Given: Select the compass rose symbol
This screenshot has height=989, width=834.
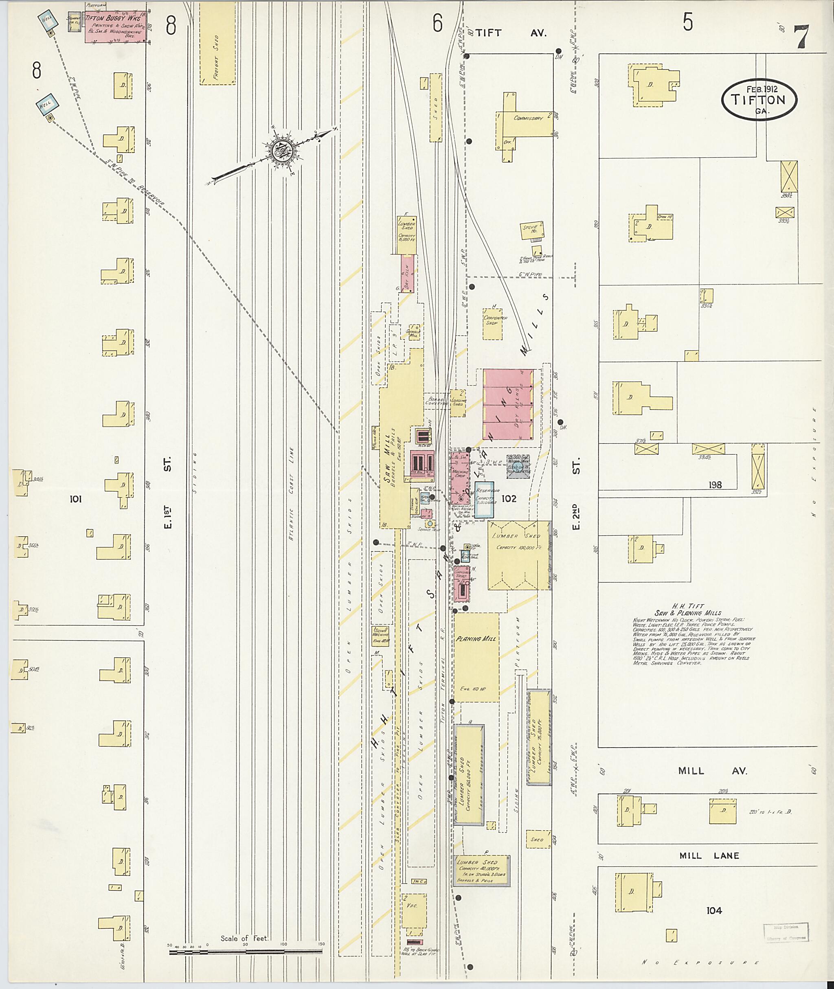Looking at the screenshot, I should pos(282,151).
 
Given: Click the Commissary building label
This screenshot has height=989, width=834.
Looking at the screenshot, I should pos(528,118).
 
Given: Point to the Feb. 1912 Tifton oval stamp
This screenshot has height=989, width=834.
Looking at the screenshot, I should pos(759,99).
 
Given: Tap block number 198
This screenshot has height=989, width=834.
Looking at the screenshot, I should pos(715,485).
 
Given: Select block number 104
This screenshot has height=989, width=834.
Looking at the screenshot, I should pos(714,910).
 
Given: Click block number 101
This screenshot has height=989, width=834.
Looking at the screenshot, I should pos(76,499).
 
